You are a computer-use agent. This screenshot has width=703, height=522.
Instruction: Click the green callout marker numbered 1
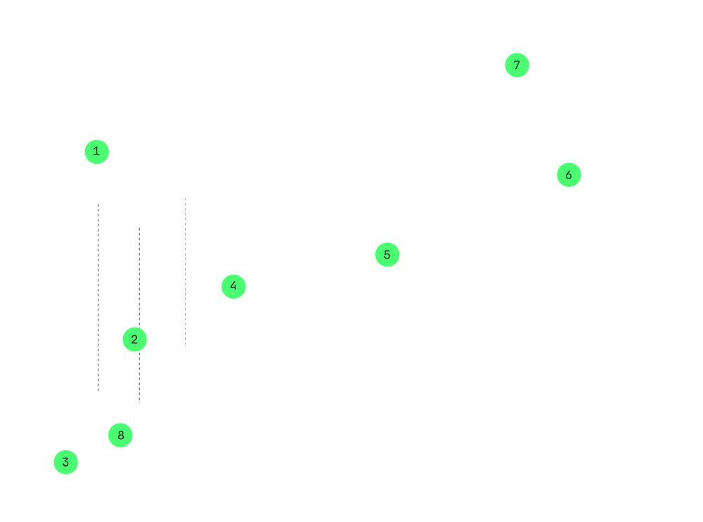point(96,150)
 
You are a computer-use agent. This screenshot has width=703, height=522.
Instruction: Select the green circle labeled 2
point(134,340)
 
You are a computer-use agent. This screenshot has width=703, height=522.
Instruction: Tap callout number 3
point(65,462)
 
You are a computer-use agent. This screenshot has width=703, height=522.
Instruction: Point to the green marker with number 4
point(233,286)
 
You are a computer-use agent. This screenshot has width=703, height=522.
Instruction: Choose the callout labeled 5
point(387,254)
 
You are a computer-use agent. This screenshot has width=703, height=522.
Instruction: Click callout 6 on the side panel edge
point(568,174)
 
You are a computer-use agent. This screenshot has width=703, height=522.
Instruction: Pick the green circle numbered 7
point(517,65)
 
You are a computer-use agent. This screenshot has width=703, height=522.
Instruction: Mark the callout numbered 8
point(121,435)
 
